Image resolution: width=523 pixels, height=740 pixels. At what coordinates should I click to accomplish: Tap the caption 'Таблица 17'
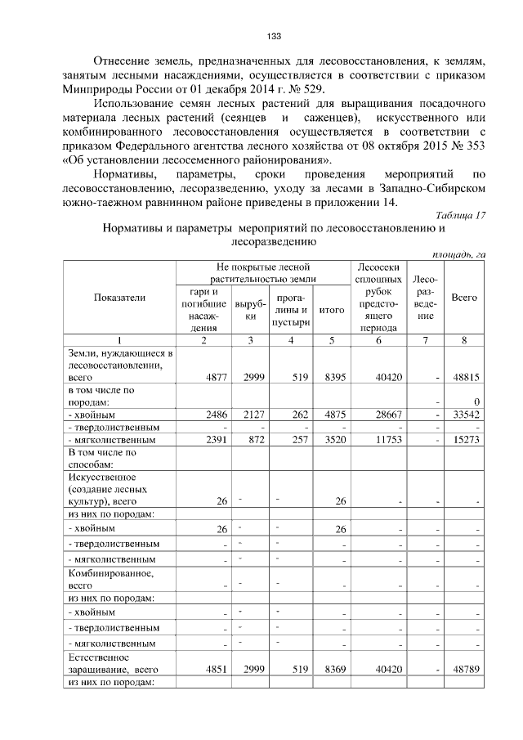coord(458,215)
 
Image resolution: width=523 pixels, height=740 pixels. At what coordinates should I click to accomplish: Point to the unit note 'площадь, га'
coord(458,254)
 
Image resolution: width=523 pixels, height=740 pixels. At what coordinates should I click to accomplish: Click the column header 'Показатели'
coord(119,298)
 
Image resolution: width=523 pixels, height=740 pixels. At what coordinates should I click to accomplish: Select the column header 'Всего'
coord(464,298)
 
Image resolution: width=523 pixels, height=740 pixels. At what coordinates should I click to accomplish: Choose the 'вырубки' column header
coord(247,310)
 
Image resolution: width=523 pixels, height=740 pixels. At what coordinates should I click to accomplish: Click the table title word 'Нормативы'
coord(132,229)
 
